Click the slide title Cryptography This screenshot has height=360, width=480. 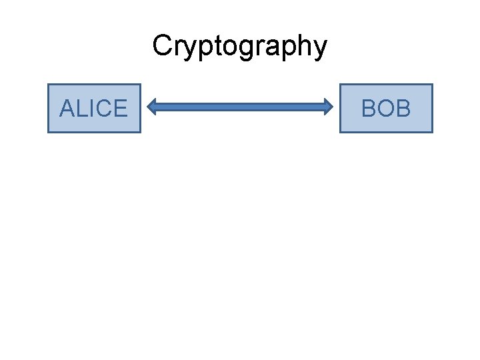click(239, 46)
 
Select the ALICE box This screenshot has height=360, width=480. click(94, 108)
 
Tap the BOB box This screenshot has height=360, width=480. click(386, 108)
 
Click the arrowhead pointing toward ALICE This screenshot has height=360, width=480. click(153, 106)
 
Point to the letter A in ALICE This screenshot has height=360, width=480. click(67, 108)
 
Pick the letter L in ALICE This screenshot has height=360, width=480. click(81, 108)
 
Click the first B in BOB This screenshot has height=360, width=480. click(369, 108)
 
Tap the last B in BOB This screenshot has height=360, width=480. click(403, 108)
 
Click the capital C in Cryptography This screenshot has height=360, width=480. click(162, 46)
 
